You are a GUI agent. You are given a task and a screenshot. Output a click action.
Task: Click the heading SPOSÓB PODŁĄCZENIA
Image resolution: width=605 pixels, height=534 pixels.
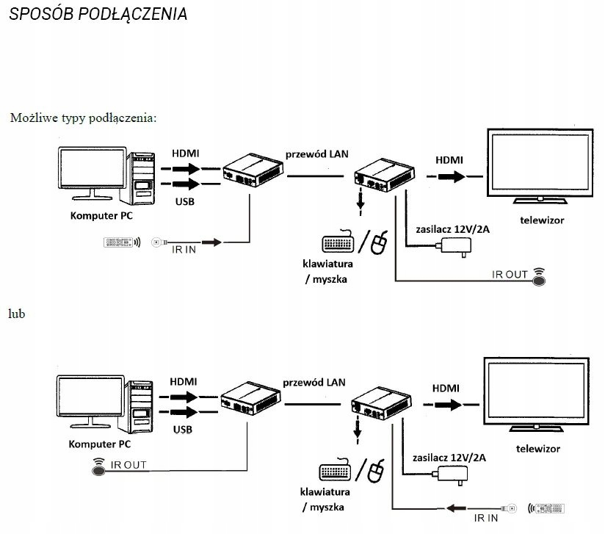[x=98, y=15]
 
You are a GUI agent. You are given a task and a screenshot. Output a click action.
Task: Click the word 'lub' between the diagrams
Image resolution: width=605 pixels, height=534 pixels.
[x=17, y=314]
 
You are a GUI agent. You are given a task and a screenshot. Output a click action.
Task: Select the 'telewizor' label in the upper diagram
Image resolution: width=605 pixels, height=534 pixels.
[x=542, y=220]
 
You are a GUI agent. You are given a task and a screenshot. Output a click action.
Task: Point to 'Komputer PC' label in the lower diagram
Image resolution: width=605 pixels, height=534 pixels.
[x=99, y=444]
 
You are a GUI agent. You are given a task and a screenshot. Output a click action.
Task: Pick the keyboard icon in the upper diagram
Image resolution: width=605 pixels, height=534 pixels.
[x=338, y=243]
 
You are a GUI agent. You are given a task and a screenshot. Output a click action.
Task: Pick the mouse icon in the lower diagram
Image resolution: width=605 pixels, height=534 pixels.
[x=377, y=470]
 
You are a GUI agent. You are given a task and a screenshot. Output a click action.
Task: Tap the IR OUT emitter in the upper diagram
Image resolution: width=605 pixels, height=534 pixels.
[x=540, y=277]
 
